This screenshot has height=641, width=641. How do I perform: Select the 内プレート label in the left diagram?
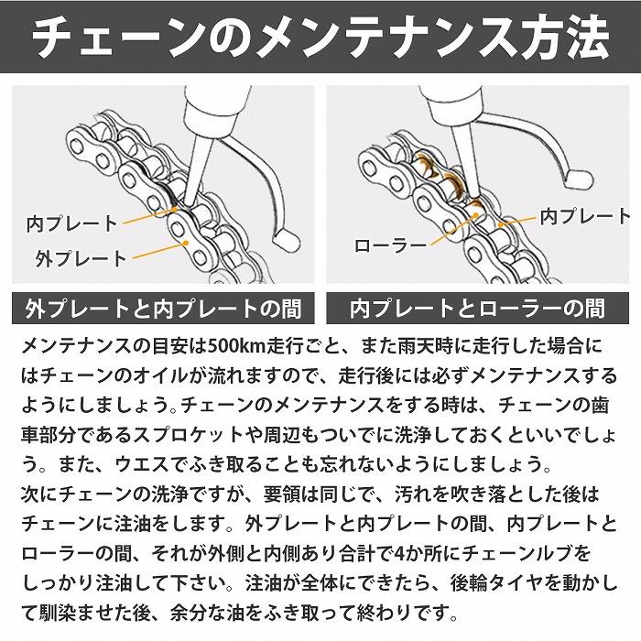tap(71, 223)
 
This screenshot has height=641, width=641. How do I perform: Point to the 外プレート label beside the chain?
tap(81, 257)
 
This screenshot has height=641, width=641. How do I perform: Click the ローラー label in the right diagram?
tap(391, 245)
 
